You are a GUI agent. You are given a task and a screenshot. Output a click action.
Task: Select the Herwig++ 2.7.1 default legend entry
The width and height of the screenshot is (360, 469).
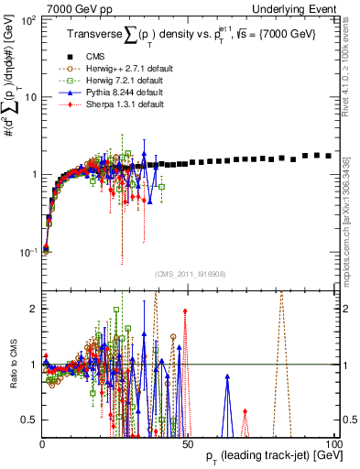(x=112, y=69)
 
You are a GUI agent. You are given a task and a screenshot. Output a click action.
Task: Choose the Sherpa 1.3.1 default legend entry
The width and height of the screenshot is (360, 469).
(x=108, y=104)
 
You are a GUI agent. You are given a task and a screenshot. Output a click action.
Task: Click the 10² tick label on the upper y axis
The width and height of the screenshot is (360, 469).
(x=29, y=19)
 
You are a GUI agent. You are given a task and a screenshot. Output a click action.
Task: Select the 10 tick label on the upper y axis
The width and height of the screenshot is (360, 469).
(x=31, y=96)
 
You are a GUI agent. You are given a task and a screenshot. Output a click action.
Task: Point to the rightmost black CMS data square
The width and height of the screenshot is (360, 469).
(x=328, y=156)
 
